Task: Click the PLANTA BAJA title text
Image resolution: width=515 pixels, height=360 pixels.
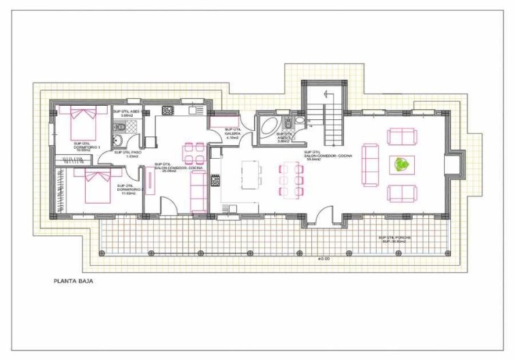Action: (x=74, y=280)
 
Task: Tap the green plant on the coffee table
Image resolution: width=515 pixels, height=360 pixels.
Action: (x=401, y=164)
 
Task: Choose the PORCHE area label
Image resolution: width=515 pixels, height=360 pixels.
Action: (x=395, y=239)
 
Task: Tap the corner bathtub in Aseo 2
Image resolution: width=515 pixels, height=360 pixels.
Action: (x=268, y=127)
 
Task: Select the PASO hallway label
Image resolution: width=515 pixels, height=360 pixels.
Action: (x=128, y=154)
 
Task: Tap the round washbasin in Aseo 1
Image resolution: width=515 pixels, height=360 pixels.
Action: (x=118, y=140)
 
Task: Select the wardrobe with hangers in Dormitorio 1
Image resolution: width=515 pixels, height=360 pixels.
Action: (x=71, y=161)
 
